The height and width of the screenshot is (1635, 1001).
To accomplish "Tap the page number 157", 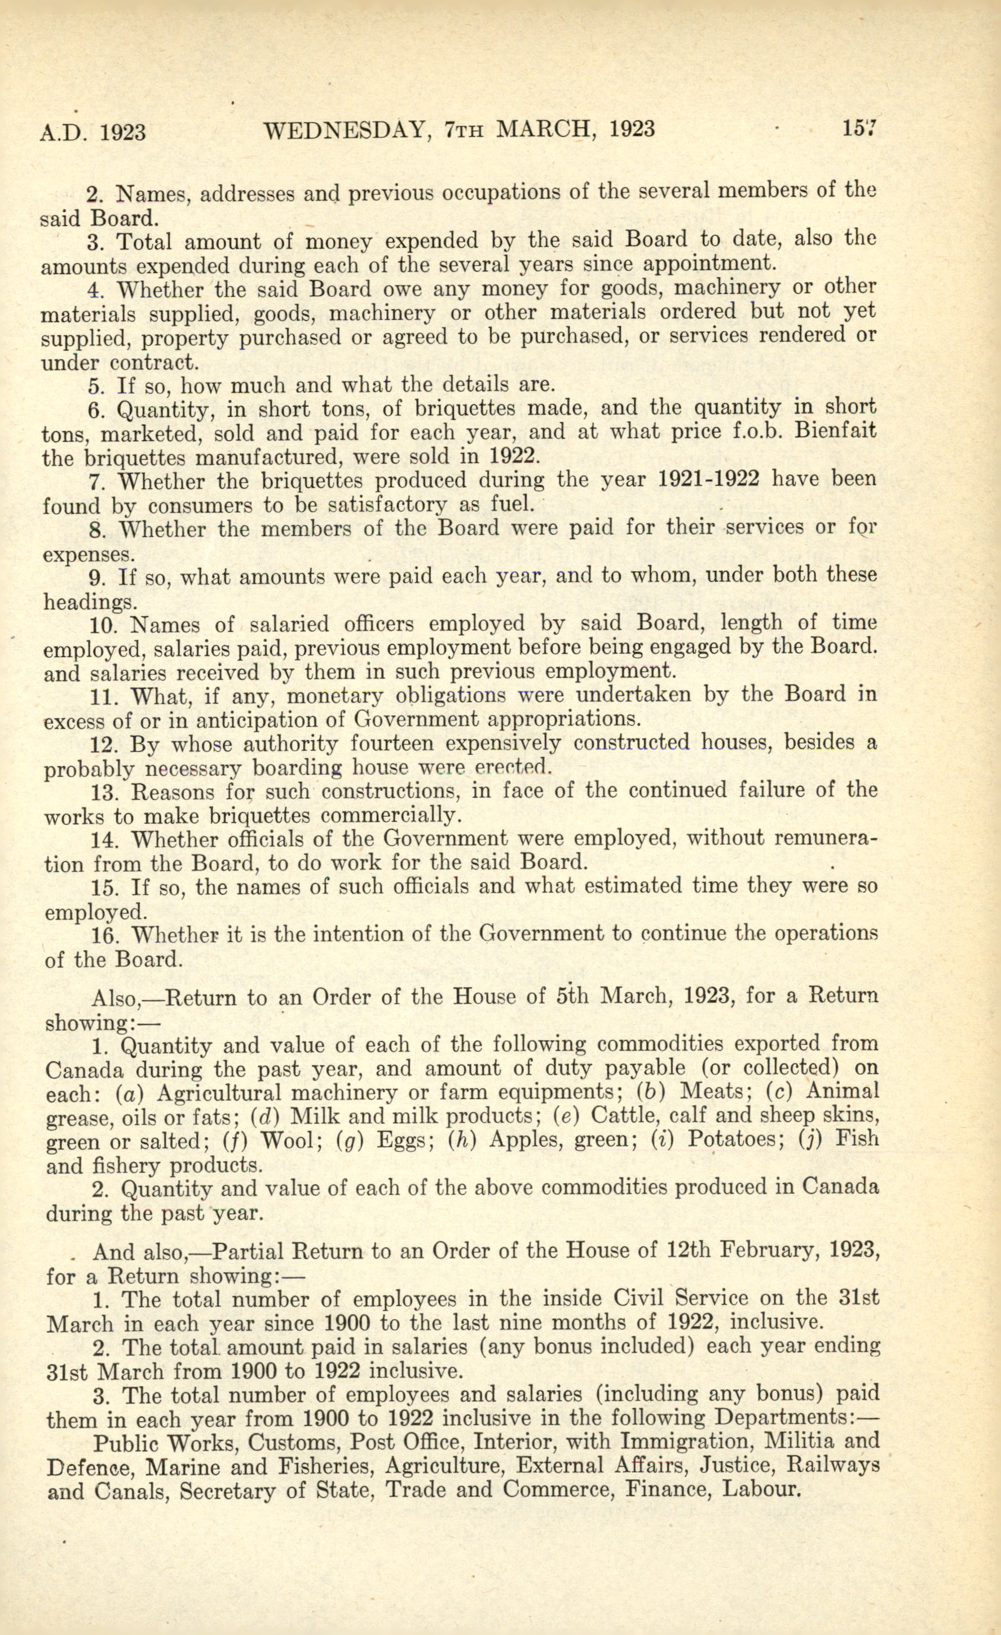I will [859, 127].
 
